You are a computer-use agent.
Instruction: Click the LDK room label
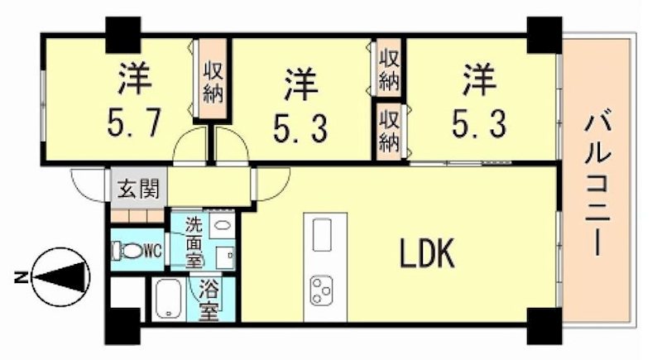click(428, 255)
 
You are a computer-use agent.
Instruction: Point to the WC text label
click(154, 248)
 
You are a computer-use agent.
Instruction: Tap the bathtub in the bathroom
click(170, 300)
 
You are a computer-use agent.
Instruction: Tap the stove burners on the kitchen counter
click(320, 290)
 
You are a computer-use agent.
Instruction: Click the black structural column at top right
click(544, 31)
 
